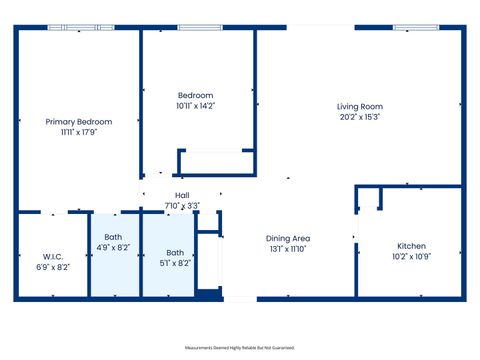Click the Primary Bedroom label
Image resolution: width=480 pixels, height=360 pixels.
[78, 121]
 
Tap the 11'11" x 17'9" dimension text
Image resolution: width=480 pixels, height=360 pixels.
[78, 131]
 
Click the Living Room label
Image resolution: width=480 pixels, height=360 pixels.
[359, 106]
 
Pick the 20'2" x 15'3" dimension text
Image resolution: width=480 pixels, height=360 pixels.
[359, 117]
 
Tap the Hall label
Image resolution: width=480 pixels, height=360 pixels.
[182, 195]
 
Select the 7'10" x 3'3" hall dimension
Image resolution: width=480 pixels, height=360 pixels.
[182, 206]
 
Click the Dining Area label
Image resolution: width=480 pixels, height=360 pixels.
[288, 238]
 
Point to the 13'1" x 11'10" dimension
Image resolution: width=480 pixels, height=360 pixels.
[288, 249]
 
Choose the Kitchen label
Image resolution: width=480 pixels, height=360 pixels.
[412, 246]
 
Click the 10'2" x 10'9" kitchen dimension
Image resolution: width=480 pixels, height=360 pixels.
[412, 257]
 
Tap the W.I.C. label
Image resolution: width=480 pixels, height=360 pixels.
[53, 256]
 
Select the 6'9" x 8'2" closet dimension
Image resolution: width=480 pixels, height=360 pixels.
[53, 267]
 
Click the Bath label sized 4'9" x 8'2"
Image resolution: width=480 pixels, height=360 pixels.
[113, 237]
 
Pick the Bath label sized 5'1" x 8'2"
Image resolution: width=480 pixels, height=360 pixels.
[175, 253]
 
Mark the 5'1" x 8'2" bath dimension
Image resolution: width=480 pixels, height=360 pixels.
[175, 263]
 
